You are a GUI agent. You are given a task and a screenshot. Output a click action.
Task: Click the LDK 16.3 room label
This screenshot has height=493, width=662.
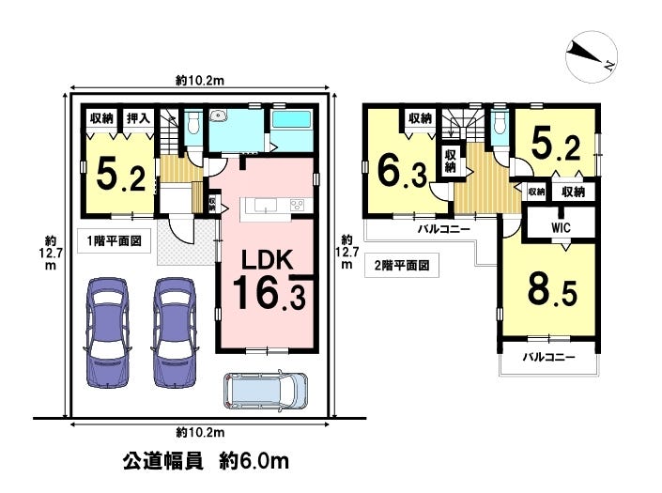(269, 280)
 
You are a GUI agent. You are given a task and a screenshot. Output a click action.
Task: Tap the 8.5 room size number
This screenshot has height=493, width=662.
(552, 290)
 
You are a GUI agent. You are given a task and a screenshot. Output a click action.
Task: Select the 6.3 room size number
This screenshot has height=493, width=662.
(402, 171)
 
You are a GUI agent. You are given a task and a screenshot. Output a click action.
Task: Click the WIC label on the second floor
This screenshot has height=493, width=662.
(561, 228)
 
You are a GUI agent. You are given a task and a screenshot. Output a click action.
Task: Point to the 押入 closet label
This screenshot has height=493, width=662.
(138, 118)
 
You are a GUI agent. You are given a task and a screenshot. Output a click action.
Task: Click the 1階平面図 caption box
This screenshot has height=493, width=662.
(114, 241)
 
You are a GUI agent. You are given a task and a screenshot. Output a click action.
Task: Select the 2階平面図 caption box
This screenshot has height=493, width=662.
(402, 265)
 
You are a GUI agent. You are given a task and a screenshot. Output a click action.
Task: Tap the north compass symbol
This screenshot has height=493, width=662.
(591, 56)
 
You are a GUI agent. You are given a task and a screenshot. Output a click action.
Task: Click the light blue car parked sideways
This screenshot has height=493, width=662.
(265, 391)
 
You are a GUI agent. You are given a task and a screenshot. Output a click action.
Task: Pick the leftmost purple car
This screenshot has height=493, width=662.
(107, 332)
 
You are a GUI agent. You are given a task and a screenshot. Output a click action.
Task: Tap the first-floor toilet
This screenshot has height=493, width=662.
(193, 122)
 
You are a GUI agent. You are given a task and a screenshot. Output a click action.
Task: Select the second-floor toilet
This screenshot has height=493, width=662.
(500, 122)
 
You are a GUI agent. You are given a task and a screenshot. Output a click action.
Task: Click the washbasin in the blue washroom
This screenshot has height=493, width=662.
(219, 115)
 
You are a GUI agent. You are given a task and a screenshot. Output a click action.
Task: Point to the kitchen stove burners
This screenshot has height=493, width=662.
(297, 205)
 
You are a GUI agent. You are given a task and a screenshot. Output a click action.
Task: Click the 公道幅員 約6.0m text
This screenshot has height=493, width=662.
(206, 460)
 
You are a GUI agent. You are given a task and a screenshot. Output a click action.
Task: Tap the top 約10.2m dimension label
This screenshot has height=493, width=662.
(200, 80)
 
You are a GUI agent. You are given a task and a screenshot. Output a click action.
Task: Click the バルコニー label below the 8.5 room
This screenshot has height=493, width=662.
(549, 358)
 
